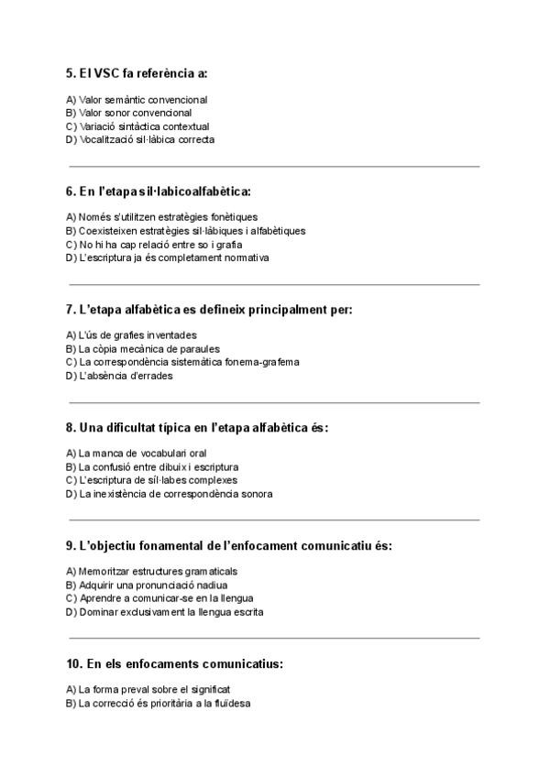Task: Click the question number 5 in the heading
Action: tap(71, 72)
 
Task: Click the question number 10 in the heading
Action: tap(75, 662)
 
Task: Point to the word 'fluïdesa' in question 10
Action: tap(233, 703)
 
